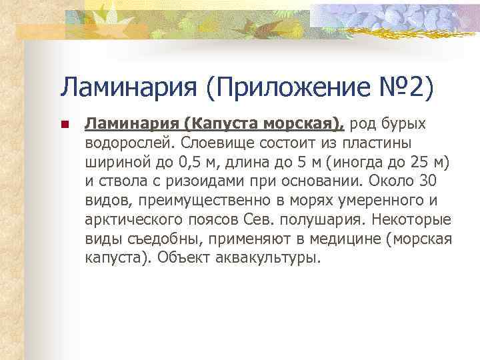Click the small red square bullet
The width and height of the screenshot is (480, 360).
pos(65,125)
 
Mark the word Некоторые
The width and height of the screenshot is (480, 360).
pos(411,219)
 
